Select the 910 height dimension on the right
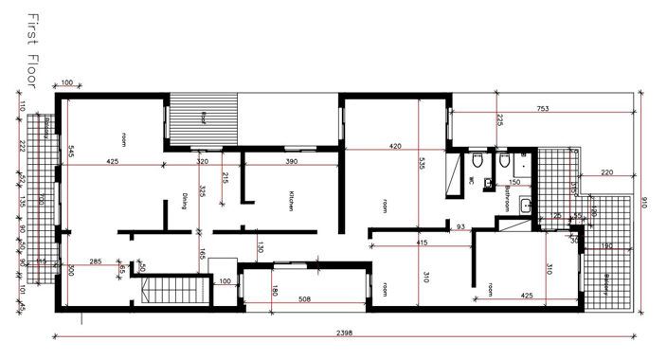coord(644,204)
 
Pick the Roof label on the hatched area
coord(202,118)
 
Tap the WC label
coord(471,178)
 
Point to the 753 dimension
coord(543,109)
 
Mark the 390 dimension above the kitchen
coord(292,162)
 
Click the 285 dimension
coord(95,261)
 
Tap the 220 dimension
coord(607,171)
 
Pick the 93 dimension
coord(460,226)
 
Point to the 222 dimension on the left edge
coord(20,145)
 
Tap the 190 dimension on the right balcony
coord(607,247)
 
